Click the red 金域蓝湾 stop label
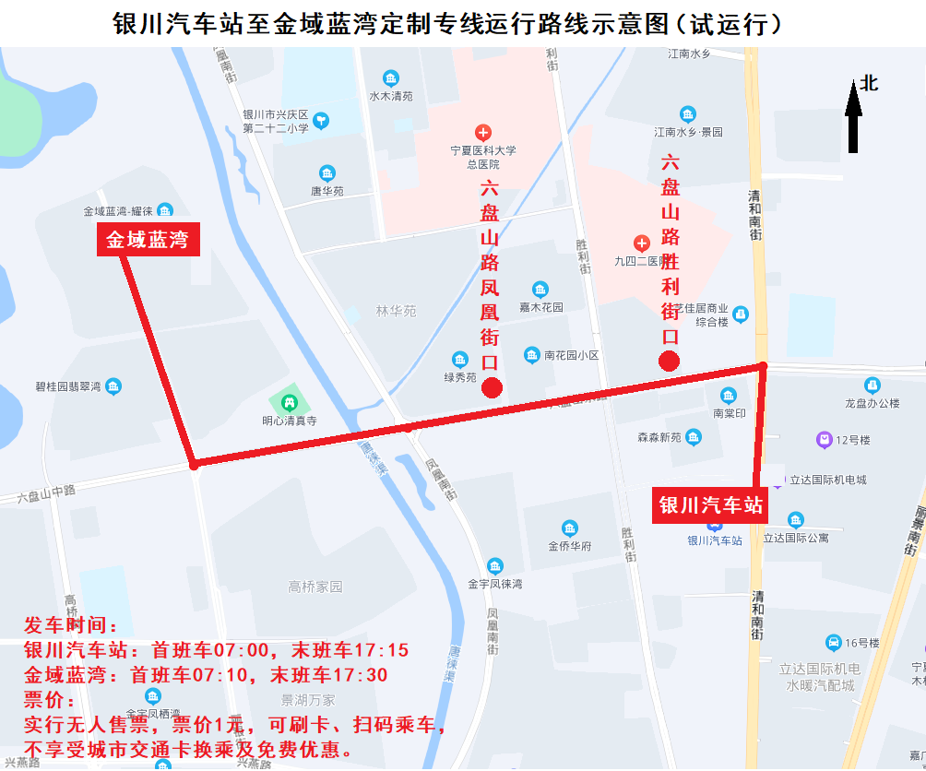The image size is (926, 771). click(x=148, y=241)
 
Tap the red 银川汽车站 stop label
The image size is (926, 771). click(x=710, y=505)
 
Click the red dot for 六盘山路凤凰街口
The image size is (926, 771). click(x=492, y=387)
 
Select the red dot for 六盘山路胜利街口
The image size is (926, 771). click(x=670, y=361)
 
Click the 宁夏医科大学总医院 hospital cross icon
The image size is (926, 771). click(x=481, y=133)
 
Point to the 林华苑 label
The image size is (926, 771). click(x=396, y=311)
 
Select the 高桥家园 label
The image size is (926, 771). click(x=315, y=587)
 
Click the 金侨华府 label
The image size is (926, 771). click(x=570, y=546)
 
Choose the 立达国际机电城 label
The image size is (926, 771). click(x=826, y=480)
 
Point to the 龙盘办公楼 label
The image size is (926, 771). click(x=872, y=403)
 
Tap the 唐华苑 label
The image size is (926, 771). click(x=326, y=191)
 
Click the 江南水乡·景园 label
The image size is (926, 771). click(x=688, y=132)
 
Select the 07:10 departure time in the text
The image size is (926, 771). click(x=220, y=675)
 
